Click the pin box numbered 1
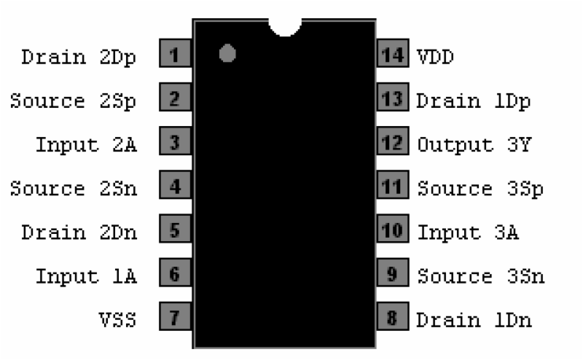click(175, 53)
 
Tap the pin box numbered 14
click(393, 53)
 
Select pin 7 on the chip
click(175, 316)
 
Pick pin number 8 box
click(393, 316)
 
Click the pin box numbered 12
click(393, 141)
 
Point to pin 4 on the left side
click(175, 185)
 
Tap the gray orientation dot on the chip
click(227, 53)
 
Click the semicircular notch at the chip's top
click(285, 27)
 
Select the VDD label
click(435, 57)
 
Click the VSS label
click(117, 320)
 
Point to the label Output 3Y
click(474, 145)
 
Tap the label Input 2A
click(86, 145)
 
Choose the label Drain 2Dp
click(79, 58)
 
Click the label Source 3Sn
click(481, 276)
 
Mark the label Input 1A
click(86, 276)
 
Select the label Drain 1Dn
click(474, 320)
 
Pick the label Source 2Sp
click(74, 101)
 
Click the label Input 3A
click(468, 232)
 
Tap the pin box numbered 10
click(393, 229)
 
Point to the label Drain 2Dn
click(79, 232)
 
